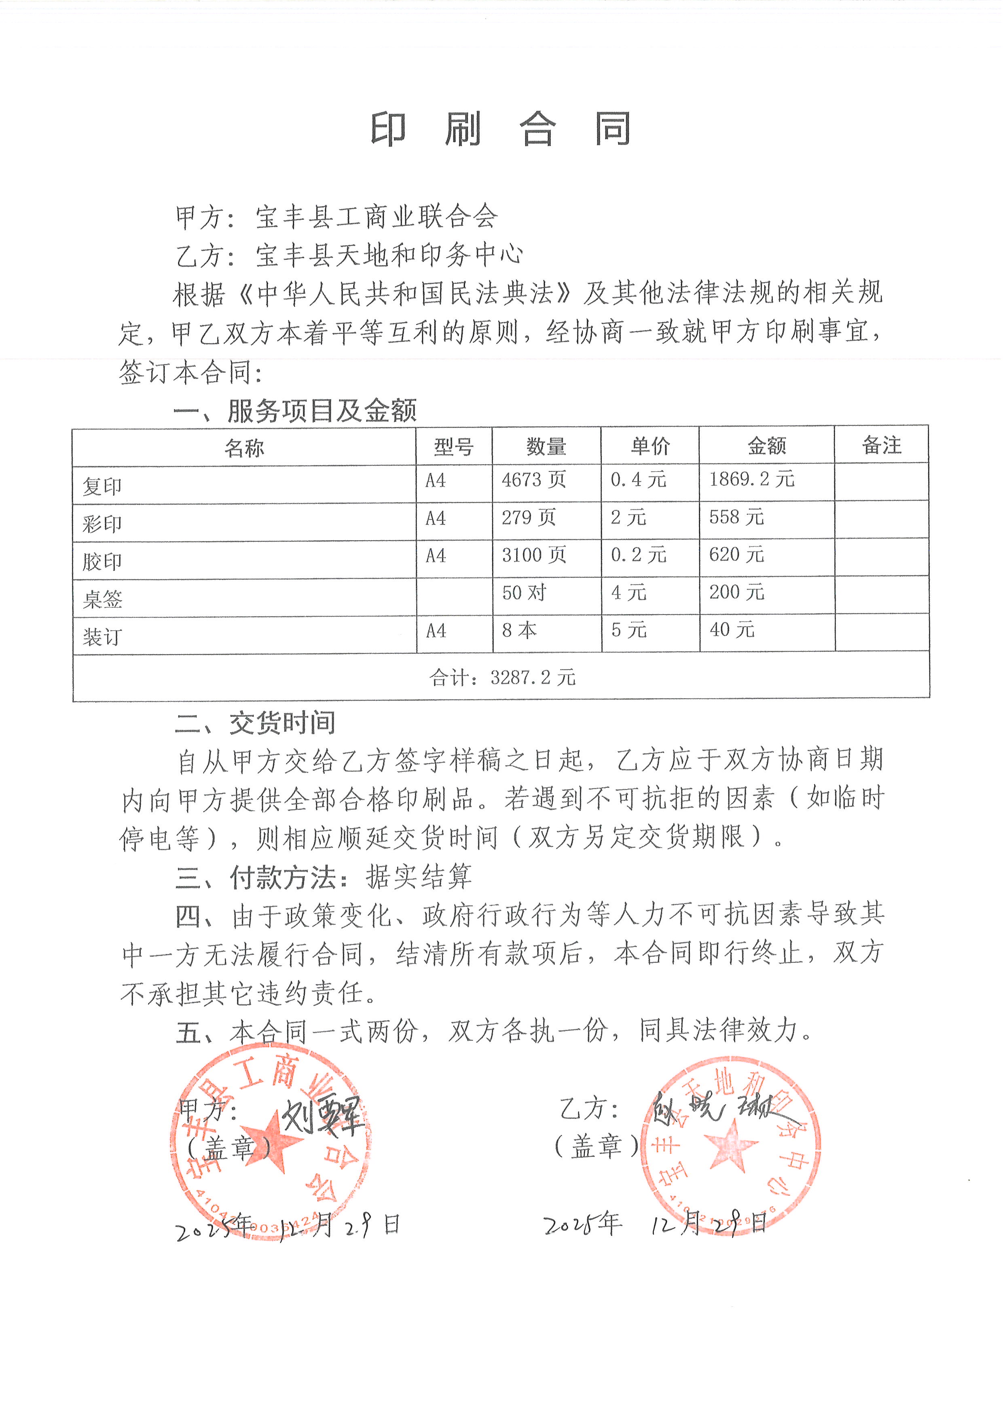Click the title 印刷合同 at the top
[x=500, y=130]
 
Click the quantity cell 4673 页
[x=533, y=480]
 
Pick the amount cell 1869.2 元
[x=751, y=480]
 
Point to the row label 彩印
[x=102, y=524]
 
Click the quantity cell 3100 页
[x=533, y=556]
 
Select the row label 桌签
[x=102, y=599]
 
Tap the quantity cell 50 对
[x=525, y=593]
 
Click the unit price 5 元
[x=629, y=630]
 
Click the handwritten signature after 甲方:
[x=321, y=1116]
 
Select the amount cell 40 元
[x=732, y=630]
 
